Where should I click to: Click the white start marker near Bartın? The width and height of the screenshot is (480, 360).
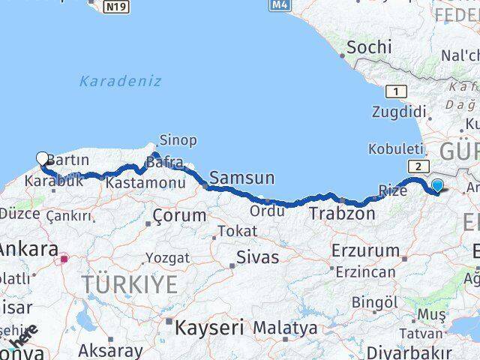point(43,158)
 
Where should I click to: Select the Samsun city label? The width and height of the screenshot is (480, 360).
point(241,178)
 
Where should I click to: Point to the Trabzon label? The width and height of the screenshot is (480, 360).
point(341,214)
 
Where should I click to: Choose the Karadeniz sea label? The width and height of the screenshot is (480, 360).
point(120,81)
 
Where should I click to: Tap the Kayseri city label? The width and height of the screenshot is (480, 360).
point(209,327)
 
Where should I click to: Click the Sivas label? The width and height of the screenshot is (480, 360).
point(257,257)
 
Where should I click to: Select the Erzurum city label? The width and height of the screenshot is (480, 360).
point(365,251)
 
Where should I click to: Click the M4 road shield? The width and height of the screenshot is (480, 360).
point(278,5)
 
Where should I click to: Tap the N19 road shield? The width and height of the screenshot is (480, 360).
point(115,6)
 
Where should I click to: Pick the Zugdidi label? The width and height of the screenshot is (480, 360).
point(398,112)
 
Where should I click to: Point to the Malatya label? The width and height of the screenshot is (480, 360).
point(284,328)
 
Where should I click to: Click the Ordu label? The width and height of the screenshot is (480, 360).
point(268,211)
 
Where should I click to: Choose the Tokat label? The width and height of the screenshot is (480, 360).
point(238,232)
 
